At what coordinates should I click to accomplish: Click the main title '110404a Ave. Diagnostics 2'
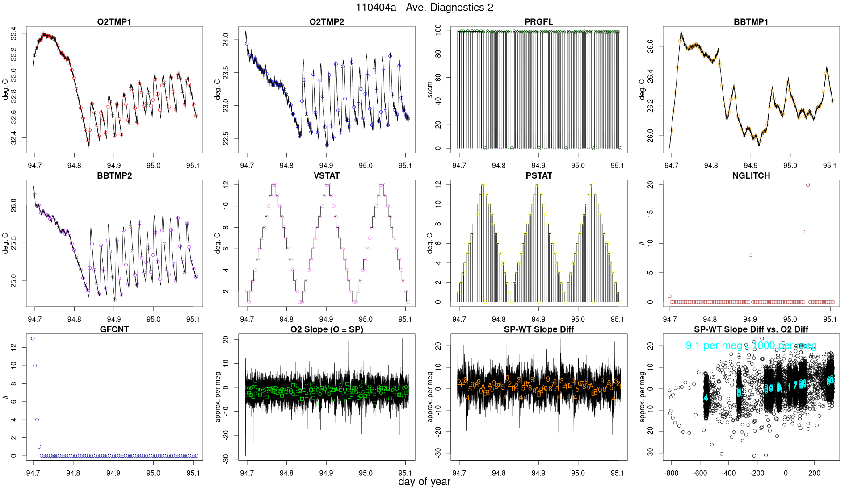point(424,8)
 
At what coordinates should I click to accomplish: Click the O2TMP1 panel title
point(114,22)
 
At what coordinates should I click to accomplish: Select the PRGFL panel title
point(538,22)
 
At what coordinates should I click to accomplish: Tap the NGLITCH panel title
point(751,175)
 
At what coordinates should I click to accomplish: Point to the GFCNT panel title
point(114,329)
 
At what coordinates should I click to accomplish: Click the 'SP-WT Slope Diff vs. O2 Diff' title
point(751,329)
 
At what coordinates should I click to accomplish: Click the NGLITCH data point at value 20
point(808,185)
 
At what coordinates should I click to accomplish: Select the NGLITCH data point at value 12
point(806,232)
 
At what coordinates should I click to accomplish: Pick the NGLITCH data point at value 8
point(751,255)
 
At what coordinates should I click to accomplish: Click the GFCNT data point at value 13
point(33,339)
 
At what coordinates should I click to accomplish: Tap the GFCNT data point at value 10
point(35,366)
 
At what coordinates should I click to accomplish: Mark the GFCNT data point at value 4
point(37,420)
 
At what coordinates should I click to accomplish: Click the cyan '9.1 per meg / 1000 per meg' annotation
point(751,345)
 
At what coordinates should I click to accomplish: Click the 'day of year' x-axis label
point(424,482)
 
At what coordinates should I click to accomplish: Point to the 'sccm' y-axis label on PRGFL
point(430,89)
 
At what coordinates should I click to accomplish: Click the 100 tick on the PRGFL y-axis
point(438,30)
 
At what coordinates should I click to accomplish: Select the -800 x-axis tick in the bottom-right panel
point(671,473)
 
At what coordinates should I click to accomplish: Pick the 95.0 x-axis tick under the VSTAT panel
point(366,320)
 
